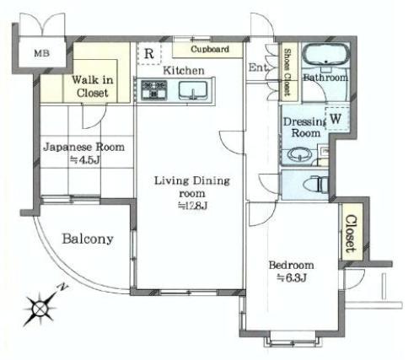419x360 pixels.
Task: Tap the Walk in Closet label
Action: click(89, 86)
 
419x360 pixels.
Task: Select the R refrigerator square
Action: click(148, 54)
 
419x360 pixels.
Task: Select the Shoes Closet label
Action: click(287, 71)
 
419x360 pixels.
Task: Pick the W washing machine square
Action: click(335, 120)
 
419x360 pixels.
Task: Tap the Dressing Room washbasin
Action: click(297, 155)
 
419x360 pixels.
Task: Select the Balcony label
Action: click(87, 239)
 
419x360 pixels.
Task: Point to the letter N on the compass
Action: click(62, 287)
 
